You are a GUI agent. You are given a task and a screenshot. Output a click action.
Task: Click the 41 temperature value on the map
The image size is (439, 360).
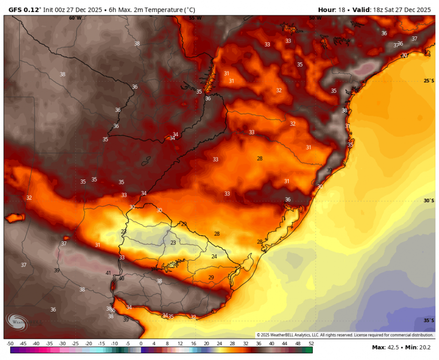pos(108,273)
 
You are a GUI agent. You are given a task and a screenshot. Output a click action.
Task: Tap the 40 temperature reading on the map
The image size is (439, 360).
pos(122,278)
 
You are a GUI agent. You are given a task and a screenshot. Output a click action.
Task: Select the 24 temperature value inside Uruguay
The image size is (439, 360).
pos(214,256)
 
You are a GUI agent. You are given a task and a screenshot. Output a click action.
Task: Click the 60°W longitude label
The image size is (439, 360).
pos(75,18)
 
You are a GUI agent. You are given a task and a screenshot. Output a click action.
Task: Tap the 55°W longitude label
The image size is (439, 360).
pos(195,18)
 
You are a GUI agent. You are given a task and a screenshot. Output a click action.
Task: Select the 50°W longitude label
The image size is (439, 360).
pos(315,18)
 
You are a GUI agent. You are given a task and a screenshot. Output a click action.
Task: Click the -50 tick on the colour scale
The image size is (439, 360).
pos(10,344)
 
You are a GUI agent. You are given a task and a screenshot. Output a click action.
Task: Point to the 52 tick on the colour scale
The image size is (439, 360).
pos(311,344)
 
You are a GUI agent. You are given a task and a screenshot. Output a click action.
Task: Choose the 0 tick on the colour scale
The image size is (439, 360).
pos(141,344)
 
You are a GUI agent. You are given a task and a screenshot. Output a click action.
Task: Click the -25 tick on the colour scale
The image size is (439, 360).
pos(75,344)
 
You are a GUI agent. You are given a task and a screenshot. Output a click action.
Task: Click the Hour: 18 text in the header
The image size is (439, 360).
pos(332,10)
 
